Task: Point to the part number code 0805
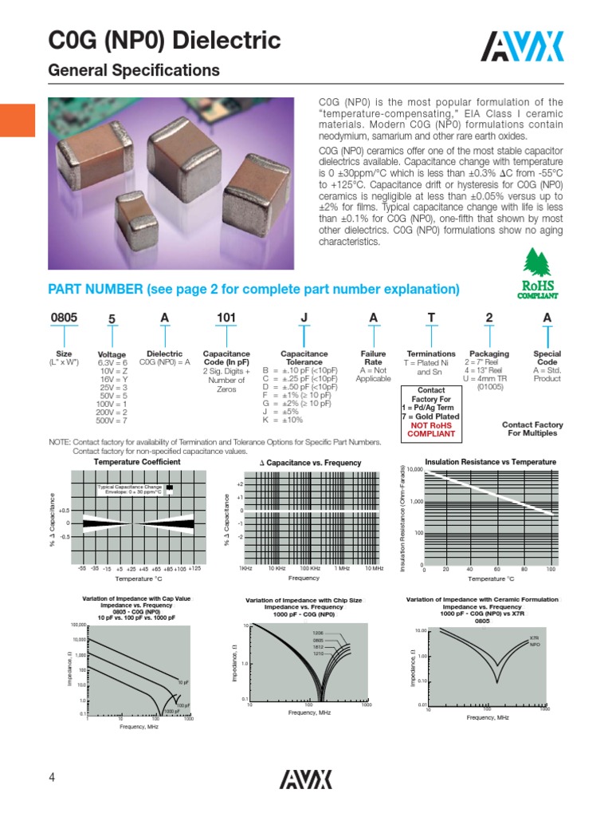(64, 318)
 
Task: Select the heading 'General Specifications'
(134, 71)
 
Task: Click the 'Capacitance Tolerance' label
(304, 358)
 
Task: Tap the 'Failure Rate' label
(373, 358)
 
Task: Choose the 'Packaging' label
(488, 353)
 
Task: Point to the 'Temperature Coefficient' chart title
(137, 462)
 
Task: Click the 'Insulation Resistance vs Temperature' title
(490, 462)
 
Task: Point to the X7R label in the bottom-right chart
(535, 637)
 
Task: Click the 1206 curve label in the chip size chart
(318, 633)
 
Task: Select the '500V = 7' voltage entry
(112, 420)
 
